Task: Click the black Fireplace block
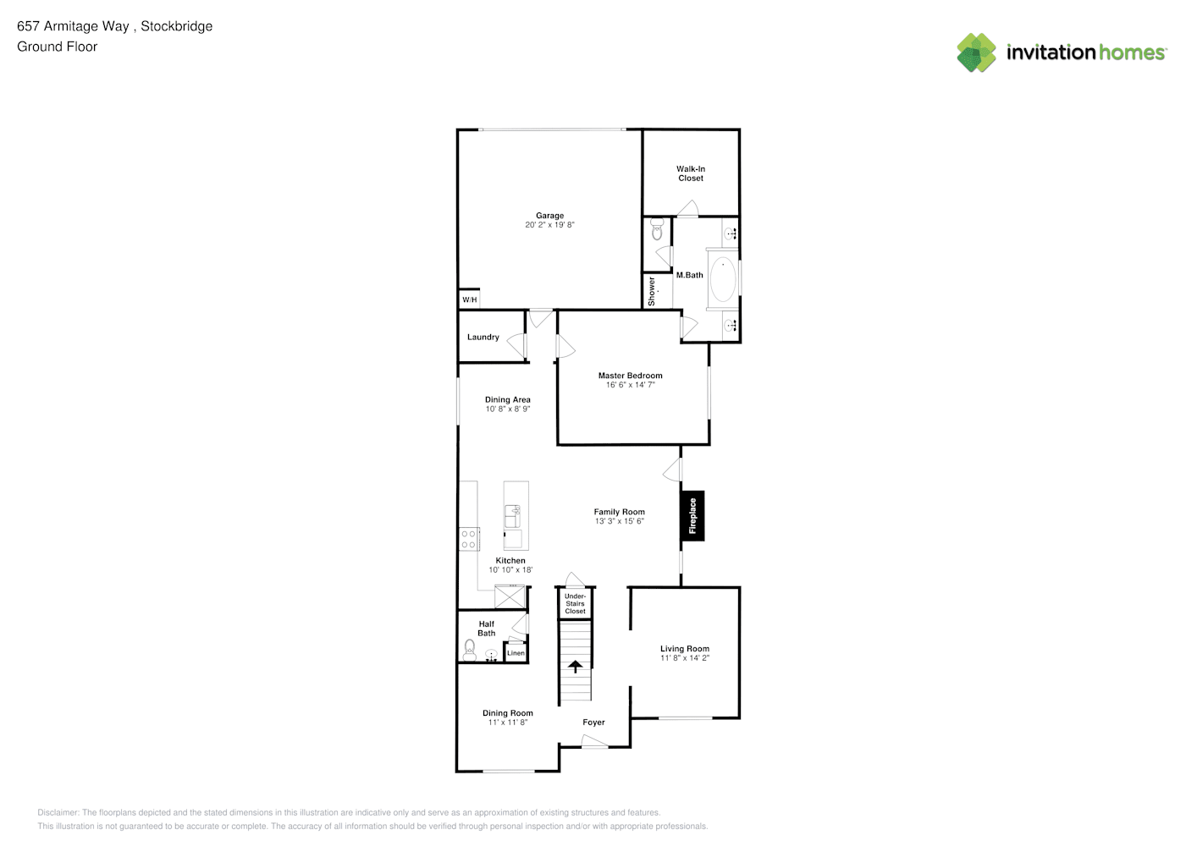click(x=692, y=516)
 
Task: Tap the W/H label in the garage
click(x=470, y=299)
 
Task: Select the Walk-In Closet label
click(x=691, y=173)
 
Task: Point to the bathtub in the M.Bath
click(x=723, y=279)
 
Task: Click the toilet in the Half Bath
click(x=470, y=650)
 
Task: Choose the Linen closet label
click(x=516, y=653)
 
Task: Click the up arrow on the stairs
click(x=575, y=667)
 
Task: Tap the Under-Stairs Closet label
click(x=575, y=603)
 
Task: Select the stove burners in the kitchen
click(x=469, y=539)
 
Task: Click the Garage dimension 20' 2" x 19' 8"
click(x=549, y=225)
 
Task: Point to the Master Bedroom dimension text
click(x=630, y=385)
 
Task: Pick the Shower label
click(x=651, y=291)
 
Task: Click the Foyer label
click(x=593, y=722)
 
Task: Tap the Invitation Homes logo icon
click(x=976, y=52)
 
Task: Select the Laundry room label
click(x=483, y=337)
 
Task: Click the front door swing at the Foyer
click(x=594, y=741)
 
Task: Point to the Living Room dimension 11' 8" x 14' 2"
click(x=685, y=658)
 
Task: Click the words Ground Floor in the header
click(x=58, y=47)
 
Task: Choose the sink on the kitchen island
click(x=512, y=516)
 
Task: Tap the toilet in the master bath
click(x=657, y=230)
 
